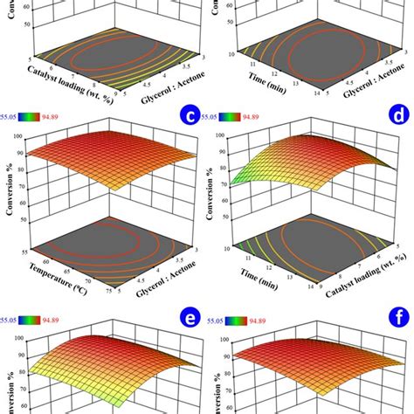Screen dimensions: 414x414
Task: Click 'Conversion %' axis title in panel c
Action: (10, 179)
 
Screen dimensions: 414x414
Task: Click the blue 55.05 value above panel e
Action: (12, 320)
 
